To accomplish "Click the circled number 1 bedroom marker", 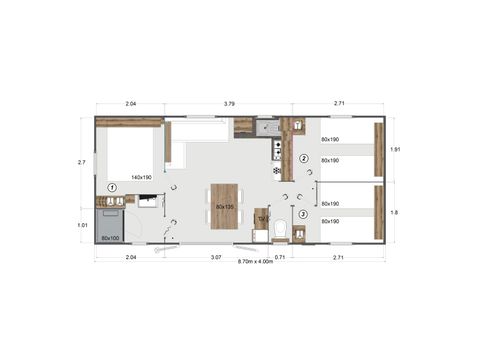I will point(112,187).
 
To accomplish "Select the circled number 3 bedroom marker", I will point(303,213).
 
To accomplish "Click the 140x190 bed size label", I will point(141,178).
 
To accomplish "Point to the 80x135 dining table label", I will point(224,207).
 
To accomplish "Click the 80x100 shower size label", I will point(110,238).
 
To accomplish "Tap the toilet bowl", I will point(280,232).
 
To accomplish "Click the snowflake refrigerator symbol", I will point(277,170).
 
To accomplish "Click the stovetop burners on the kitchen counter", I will point(276,150).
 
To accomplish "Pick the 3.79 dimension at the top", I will point(229,104).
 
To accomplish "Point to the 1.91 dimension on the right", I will point(396,149).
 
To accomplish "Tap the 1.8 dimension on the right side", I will point(396,211).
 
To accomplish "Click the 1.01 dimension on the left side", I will point(82,225).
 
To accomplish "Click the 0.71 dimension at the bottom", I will point(280,257).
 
